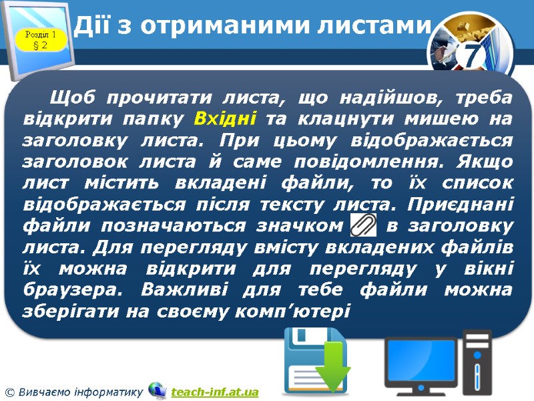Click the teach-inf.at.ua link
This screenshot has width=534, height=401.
214,392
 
